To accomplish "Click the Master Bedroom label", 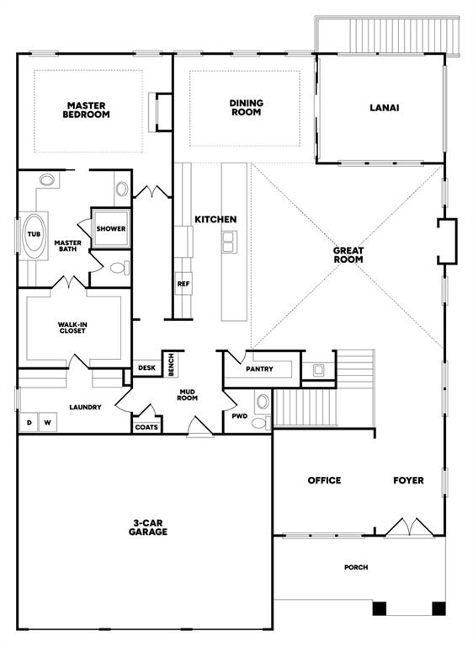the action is (86, 110).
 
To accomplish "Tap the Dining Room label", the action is (247, 107).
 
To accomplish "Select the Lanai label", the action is (385, 108).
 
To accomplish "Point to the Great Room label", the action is (348, 255).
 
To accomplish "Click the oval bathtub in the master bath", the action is (34, 236).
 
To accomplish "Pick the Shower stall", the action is (111, 228).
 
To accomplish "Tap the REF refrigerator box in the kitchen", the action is (183, 284).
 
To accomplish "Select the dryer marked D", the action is (29, 423).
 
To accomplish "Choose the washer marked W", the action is (48, 423).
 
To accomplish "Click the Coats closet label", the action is (146, 427).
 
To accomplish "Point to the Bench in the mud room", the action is (171, 364).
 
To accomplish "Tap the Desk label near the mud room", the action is (146, 367).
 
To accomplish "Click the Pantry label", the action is (259, 369).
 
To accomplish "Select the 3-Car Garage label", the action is (148, 527).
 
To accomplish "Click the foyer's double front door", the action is (409, 527).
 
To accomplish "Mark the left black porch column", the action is (380, 608).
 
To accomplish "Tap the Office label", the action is (325, 480).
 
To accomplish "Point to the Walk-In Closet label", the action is (72, 328).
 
